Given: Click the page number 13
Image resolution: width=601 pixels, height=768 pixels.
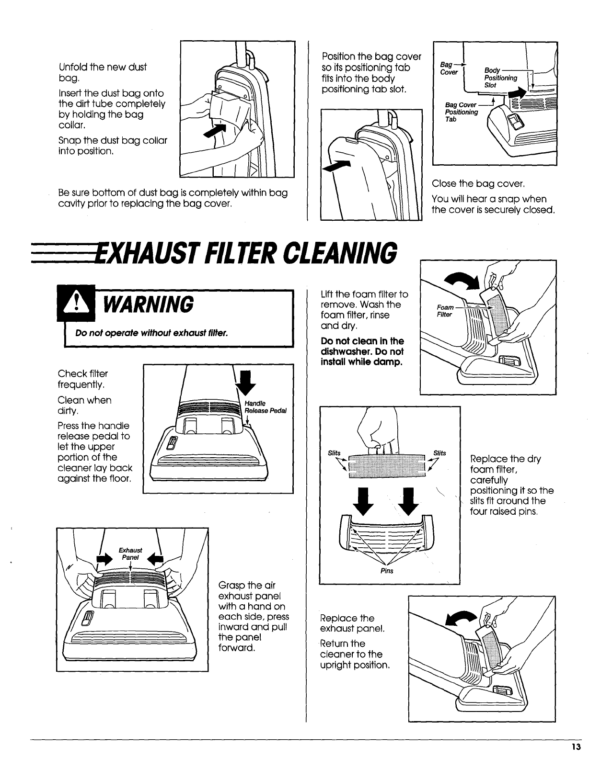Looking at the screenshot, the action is (576, 747).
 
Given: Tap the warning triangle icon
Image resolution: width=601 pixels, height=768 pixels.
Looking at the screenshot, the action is (76, 303).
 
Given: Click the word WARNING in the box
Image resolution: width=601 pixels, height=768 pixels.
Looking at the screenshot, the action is (149, 305).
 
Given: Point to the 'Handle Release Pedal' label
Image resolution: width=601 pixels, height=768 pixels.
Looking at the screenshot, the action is (266, 407).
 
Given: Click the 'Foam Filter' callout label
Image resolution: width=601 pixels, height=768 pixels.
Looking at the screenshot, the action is (445, 311).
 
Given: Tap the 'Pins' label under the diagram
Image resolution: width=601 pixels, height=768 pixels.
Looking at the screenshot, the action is (387, 571).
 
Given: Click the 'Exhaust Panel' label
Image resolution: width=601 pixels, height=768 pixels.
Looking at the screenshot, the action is (130, 554).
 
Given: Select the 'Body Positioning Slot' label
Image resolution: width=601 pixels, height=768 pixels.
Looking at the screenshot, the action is (500, 78).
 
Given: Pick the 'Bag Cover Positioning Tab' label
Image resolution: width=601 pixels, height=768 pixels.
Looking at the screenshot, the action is (461, 112).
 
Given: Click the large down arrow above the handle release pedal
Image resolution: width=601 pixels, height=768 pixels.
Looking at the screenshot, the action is (245, 383).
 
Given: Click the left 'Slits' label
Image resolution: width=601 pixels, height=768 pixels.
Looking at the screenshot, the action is (334, 453).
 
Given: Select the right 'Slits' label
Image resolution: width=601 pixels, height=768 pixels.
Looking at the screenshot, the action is (439, 453).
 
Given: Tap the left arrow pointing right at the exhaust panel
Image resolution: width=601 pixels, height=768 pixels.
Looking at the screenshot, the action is (104, 559).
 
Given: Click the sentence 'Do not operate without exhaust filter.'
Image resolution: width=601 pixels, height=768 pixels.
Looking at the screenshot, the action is (151, 333).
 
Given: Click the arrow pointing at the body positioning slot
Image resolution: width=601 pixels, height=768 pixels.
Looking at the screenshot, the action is (517, 93).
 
